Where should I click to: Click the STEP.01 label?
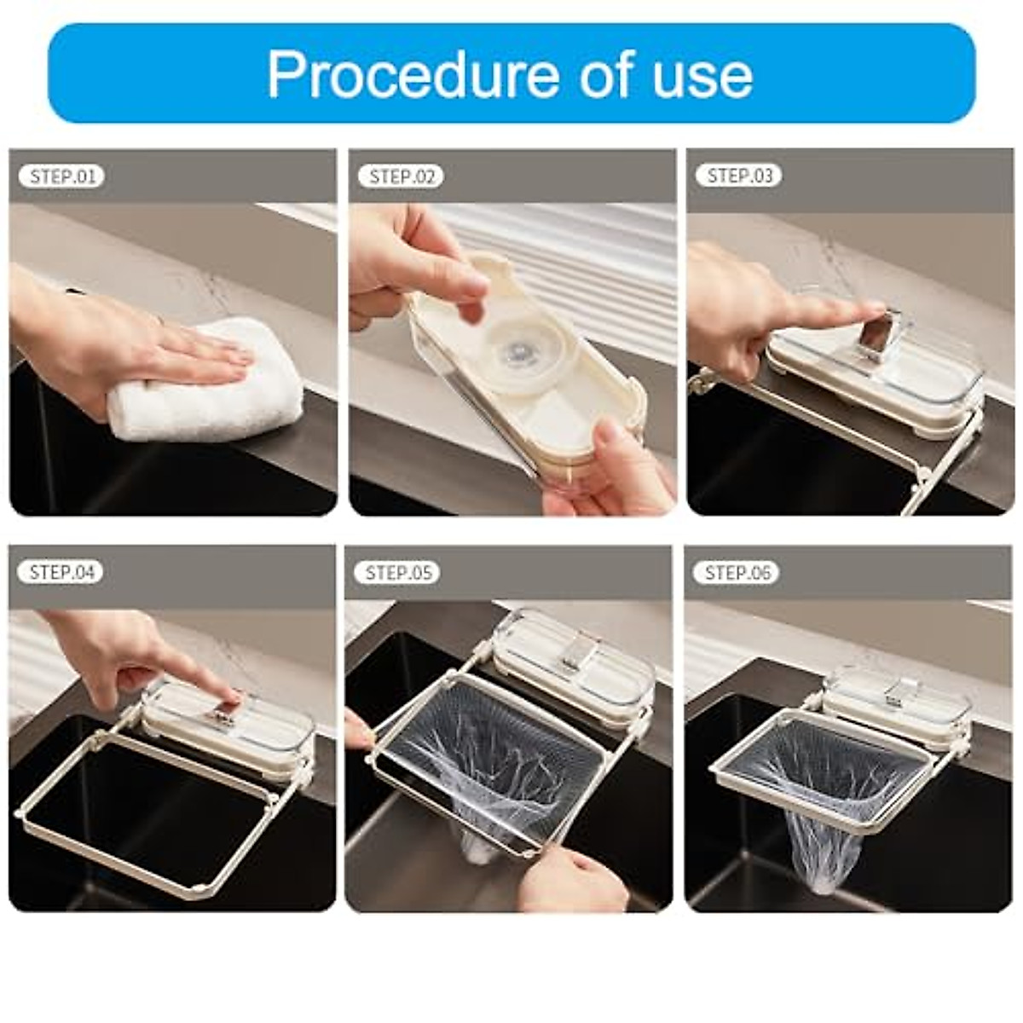click(x=61, y=176)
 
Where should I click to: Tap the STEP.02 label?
click(x=401, y=176)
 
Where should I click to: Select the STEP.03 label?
click(x=739, y=176)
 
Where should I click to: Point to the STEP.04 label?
click(x=61, y=572)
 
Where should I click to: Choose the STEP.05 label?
click(x=399, y=572)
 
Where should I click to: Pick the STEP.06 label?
click(x=737, y=572)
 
